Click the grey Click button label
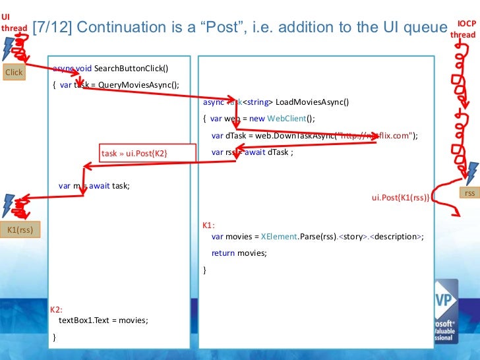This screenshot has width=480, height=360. (x=13, y=73)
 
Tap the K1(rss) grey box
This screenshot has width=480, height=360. (x=20, y=229)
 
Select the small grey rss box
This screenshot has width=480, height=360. (x=469, y=193)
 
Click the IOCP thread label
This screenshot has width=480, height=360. (x=464, y=29)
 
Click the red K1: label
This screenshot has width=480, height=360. (x=208, y=225)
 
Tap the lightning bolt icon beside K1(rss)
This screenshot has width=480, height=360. (x=9, y=204)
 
